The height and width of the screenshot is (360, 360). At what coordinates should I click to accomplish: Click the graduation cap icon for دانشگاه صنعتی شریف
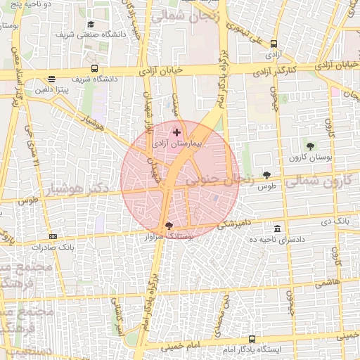(x=90, y=25)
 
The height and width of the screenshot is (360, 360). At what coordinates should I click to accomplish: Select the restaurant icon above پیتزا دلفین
(x=51, y=79)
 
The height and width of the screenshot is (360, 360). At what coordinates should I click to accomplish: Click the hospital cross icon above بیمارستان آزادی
(x=176, y=131)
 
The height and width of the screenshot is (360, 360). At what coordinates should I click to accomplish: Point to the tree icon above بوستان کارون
(x=310, y=146)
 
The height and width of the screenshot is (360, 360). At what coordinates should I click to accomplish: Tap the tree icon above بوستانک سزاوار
(x=167, y=226)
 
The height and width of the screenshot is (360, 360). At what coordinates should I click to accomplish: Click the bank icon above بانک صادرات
(x=53, y=237)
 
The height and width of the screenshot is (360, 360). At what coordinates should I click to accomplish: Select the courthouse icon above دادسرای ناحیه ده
(x=278, y=229)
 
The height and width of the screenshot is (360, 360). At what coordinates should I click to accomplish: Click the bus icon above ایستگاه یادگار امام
(x=252, y=339)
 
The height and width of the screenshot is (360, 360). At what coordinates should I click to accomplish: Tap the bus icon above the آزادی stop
(x=273, y=44)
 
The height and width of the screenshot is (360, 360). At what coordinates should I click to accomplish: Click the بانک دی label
(x=335, y=221)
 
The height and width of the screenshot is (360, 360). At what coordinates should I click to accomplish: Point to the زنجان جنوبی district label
(x=220, y=180)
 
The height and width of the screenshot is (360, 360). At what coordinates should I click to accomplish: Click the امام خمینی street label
(x=184, y=347)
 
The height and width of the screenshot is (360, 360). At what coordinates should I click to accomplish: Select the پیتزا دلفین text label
(x=52, y=90)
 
